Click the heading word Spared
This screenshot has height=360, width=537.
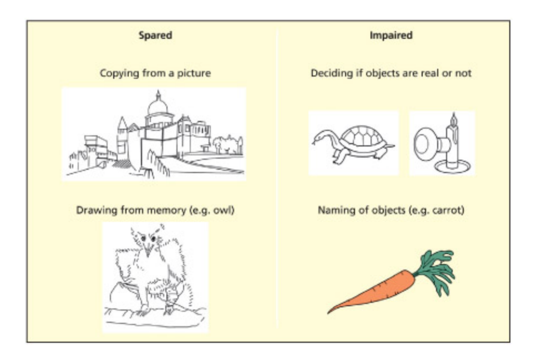click(155, 36)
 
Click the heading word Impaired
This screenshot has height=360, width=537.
click(391, 36)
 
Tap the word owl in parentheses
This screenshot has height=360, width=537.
click(224, 210)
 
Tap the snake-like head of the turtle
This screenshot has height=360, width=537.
click(317, 138)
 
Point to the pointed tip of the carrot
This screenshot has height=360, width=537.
click(329, 312)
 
